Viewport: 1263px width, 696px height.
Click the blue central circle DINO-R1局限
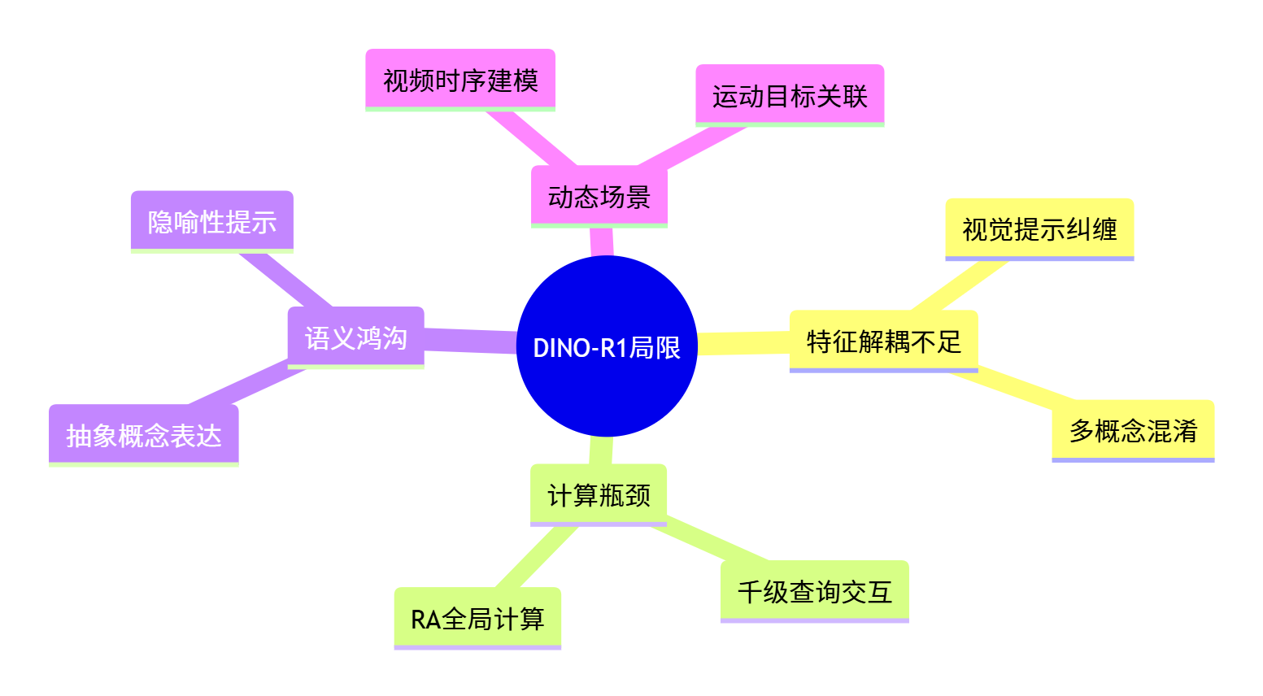tap(607, 346)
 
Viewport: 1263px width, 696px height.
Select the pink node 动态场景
tap(599, 196)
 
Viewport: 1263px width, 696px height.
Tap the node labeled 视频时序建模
tap(460, 80)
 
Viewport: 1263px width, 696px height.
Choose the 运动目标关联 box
tap(790, 95)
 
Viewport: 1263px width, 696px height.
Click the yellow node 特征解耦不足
tap(883, 341)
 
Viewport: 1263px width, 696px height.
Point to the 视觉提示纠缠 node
tap(1039, 228)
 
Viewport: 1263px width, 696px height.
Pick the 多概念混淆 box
tap(1133, 430)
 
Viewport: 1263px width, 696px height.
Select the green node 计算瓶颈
tap(599, 494)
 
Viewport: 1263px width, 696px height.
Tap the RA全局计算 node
tap(477, 618)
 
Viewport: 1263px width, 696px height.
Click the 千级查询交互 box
tap(814, 591)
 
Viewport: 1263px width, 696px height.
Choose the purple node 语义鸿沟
tap(356, 337)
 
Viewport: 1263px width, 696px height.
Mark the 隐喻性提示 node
tap(212, 221)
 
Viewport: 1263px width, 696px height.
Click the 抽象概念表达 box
tap(144, 435)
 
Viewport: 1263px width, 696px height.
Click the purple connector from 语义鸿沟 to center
tap(470, 341)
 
